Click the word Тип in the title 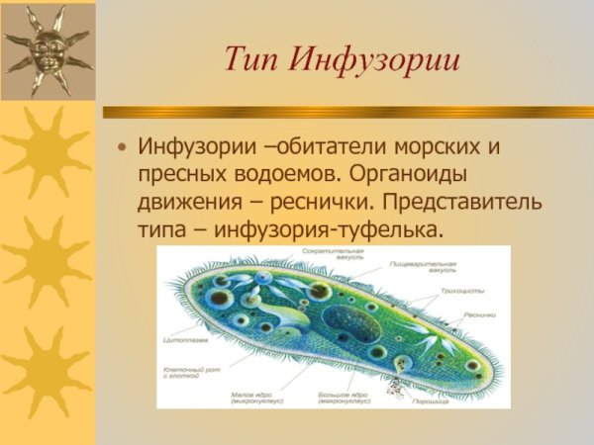point(250,60)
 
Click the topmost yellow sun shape point(47,148)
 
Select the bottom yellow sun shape point(47,372)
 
